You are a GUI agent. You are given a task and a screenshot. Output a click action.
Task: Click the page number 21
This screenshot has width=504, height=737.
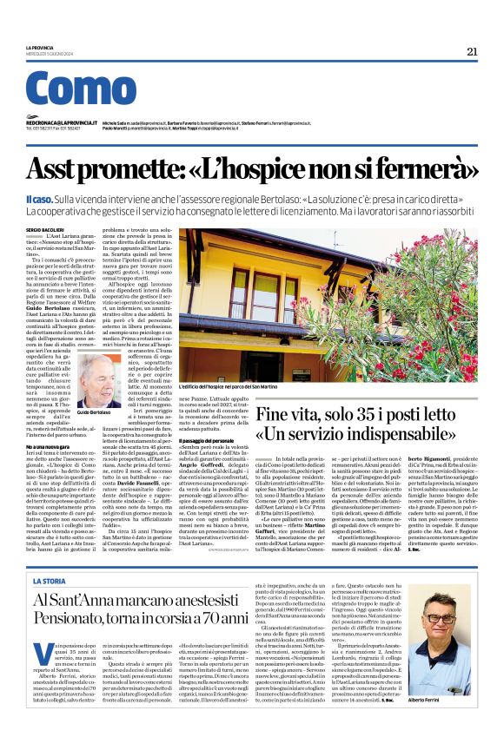click(472, 51)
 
